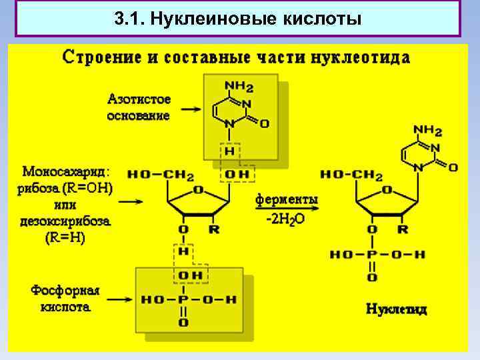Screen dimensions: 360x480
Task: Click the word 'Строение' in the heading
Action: coord(101,57)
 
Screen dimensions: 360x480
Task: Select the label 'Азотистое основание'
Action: coord(139,107)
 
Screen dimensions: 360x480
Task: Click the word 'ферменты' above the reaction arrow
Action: coord(287,200)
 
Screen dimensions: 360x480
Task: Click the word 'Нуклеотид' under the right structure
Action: coord(397,309)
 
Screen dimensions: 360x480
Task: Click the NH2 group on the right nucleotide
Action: coord(427,129)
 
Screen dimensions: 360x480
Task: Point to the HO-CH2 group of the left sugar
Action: coord(160,175)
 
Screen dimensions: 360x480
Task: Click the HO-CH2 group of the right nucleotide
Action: coord(351,175)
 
